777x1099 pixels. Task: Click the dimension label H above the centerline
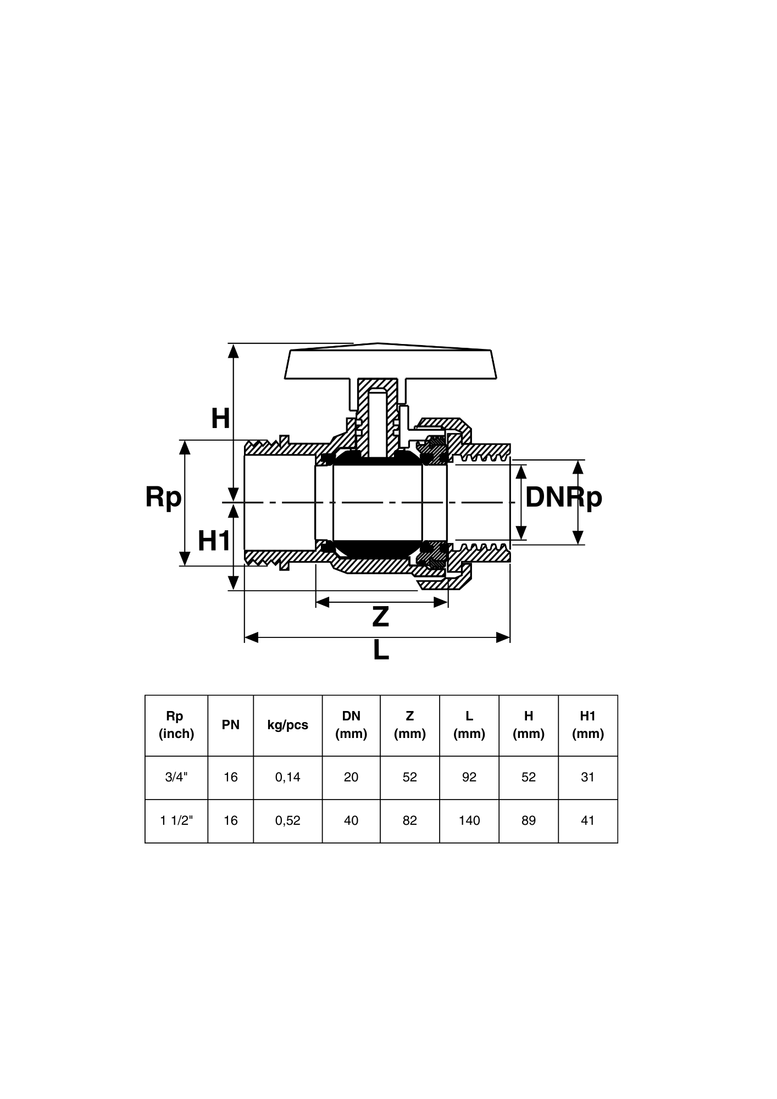(x=220, y=419)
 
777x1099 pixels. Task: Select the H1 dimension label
(x=214, y=541)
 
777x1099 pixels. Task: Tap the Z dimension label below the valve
(x=380, y=617)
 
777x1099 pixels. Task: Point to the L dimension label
(x=381, y=651)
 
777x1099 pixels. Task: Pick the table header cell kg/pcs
(x=288, y=725)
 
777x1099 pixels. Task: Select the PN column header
(x=231, y=725)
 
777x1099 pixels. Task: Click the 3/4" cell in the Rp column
(x=176, y=777)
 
